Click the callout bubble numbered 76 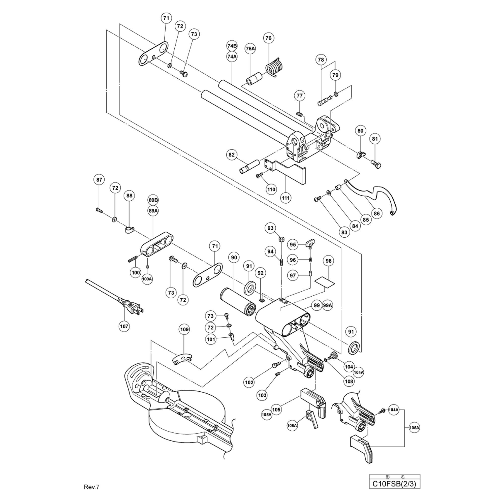(x=268, y=38)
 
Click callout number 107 (x=124, y=326)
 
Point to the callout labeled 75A (x=250, y=49)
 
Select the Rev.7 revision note (x=91, y=487)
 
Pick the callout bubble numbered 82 (x=231, y=155)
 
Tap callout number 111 (x=286, y=198)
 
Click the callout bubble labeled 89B (x=153, y=200)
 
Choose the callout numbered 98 (x=328, y=261)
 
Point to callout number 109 (x=184, y=329)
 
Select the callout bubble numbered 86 (x=377, y=213)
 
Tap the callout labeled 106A (x=292, y=425)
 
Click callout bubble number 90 (x=234, y=258)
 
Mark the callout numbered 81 (x=375, y=139)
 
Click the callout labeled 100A (x=147, y=279)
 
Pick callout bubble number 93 (x=270, y=228)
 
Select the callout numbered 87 (x=99, y=180)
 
